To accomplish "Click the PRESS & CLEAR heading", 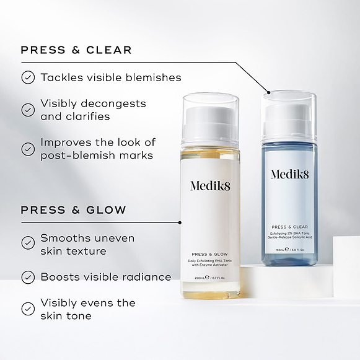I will coord(76,50).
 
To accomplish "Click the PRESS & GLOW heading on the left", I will coord(73,210).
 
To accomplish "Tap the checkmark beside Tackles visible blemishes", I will coord(28,77).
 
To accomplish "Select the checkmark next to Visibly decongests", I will coord(28,110).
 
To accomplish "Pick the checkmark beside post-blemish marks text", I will coord(28,149).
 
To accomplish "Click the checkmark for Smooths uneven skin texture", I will coord(28,244).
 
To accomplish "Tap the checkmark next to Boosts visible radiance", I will coord(28,277).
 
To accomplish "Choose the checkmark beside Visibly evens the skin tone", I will coord(28,309).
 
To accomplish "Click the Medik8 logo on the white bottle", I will coord(209,187).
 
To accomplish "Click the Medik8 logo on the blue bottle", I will coord(289,174).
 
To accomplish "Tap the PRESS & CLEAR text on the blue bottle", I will coord(289,227).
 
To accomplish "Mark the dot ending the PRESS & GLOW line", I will coord(180,222).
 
